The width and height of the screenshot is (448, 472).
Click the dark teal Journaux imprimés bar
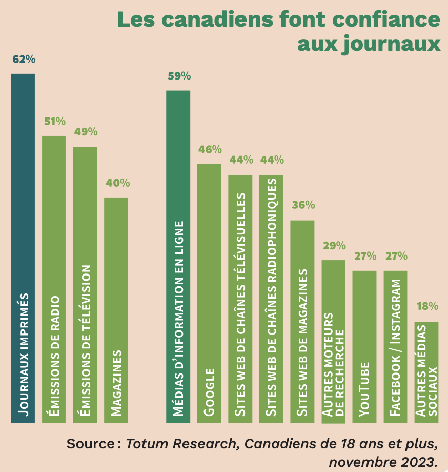pyautogui.click(x=23, y=248)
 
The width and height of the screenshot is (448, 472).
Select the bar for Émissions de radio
pyautogui.click(x=54, y=279)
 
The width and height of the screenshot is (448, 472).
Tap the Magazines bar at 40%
pyautogui.click(x=116, y=310)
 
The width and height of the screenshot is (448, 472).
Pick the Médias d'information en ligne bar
pyautogui.click(x=178, y=257)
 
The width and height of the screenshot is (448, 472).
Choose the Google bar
pyautogui.click(x=209, y=293)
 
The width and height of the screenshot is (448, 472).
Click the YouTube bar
pyautogui.click(x=364, y=347)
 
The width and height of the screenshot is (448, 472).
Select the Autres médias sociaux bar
pyautogui.click(x=426, y=372)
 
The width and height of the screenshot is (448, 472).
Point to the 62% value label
pyautogui.click(x=24, y=60)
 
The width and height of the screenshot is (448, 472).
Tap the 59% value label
pyautogui.click(x=179, y=76)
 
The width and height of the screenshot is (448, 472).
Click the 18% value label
pyautogui.click(x=427, y=307)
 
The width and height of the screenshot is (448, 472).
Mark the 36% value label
pyautogui.click(x=303, y=205)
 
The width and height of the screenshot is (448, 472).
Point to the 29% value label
pyautogui.click(x=334, y=245)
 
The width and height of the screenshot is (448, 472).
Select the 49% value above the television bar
pyautogui.click(x=86, y=132)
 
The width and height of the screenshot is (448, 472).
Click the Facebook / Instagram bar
pyautogui.click(x=396, y=347)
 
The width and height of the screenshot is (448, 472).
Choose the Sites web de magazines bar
pyautogui.click(x=302, y=322)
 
